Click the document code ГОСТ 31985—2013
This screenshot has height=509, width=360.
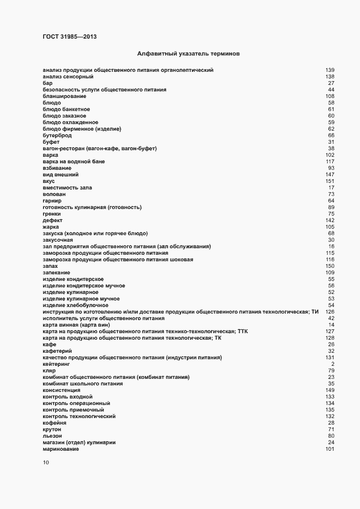click(x=70, y=37)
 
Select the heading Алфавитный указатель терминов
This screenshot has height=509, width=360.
click(x=188, y=54)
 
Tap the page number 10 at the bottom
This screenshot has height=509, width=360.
click(x=46, y=463)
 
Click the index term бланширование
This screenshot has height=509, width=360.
click(x=64, y=96)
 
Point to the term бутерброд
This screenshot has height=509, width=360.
click(x=57, y=136)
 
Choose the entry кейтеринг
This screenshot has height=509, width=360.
click(x=57, y=364)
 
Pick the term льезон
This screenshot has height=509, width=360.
click(x=52, y=436)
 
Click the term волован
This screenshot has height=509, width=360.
click(x=54, y=194)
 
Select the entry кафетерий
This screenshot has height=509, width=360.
click(x=58, y=351)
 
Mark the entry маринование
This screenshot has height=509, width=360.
click(x=61, y=449)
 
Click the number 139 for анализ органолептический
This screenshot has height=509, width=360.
click(x=330, y=70)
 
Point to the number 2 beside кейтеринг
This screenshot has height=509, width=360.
click(x=332, y=364)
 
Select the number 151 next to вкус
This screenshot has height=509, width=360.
click(x=330, y=181)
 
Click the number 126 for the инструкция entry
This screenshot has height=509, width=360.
click(x=330, y=312)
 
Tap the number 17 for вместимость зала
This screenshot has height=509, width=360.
click(x=331, y=188)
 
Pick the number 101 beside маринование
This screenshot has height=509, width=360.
click(x=330, y=449)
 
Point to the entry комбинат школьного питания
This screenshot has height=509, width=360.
click(x=82, y=384)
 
